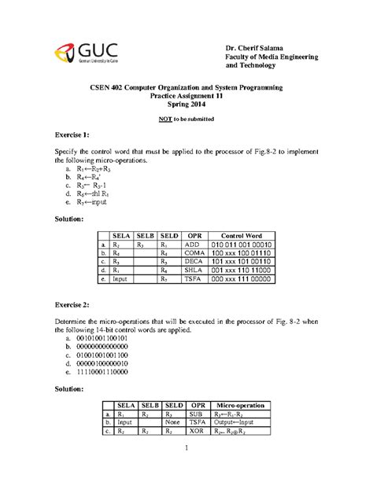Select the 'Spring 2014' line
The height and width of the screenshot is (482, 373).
click(186, 103)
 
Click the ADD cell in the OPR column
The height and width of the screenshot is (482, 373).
click(192, 245)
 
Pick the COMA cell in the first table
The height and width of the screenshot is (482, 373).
click(192, 255)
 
